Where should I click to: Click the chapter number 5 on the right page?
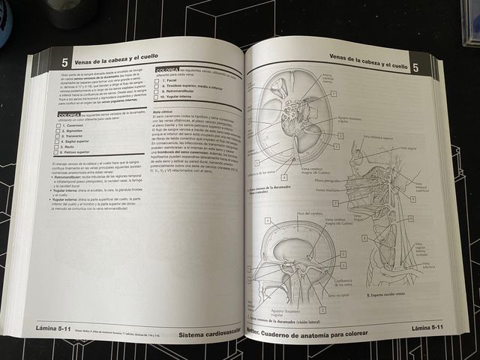[415, 68]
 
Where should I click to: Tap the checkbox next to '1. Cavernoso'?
[61, 125]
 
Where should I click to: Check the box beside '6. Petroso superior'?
[60, 153]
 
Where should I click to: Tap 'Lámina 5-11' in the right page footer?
[428, 328]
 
